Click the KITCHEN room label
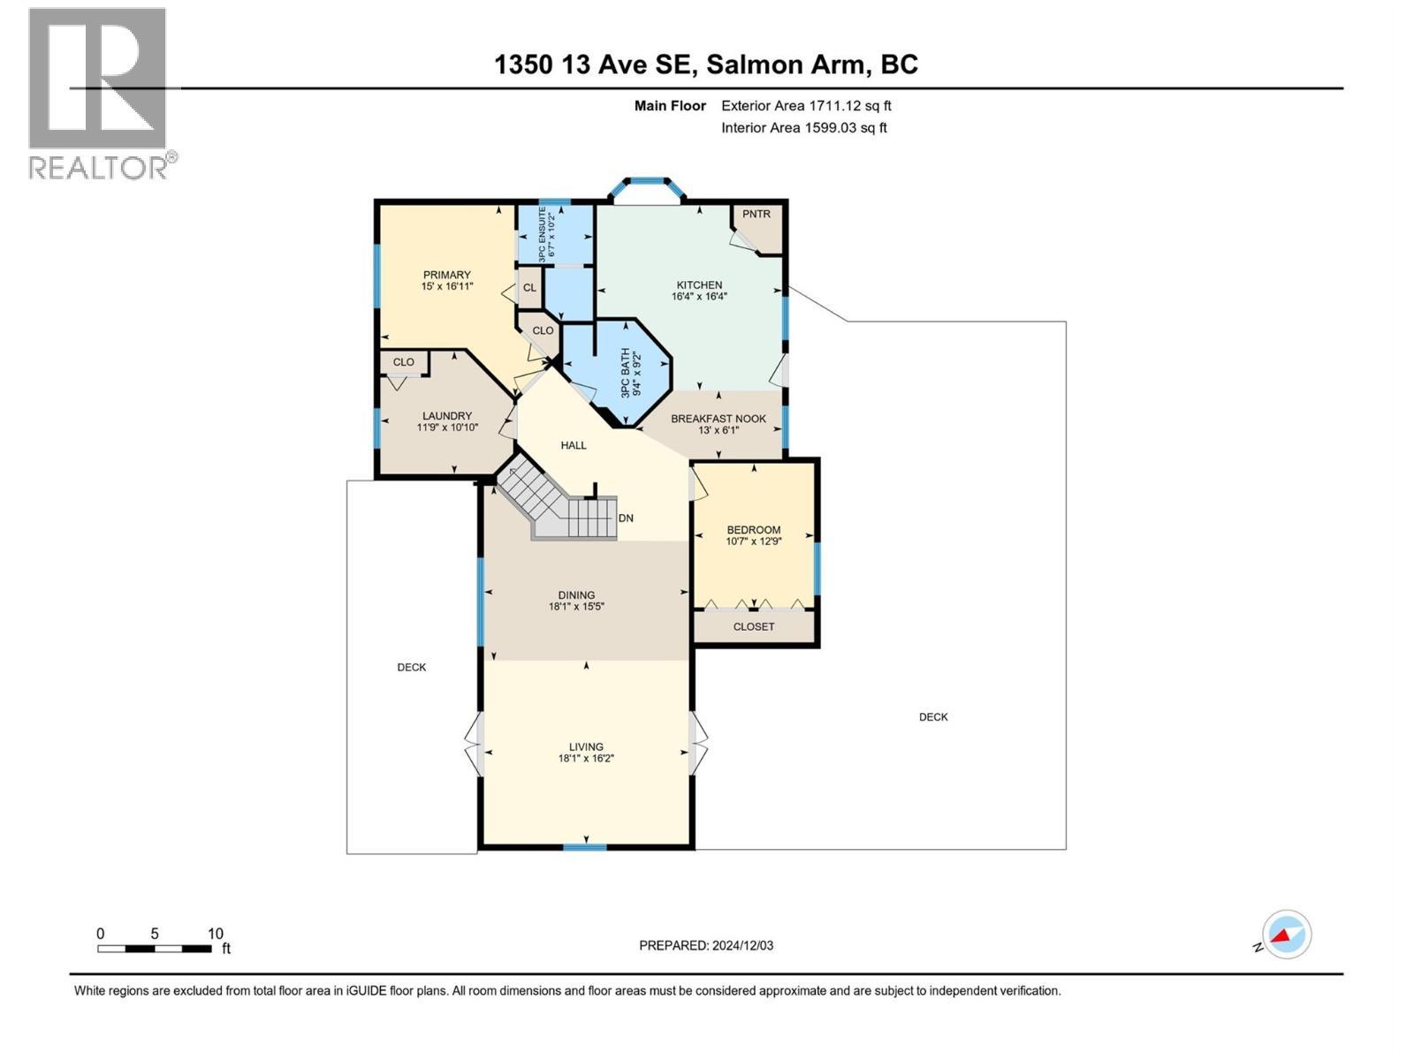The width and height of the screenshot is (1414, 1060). pyautogui.click(x=699, y=285)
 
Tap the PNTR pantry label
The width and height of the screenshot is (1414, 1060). pyautogui.click(x=756, y=214)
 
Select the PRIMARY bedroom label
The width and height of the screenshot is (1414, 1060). pyautogui.click(x=446, y=275)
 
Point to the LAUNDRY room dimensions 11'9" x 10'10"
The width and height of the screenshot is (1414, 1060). pyautogui.click(x=447, y=428)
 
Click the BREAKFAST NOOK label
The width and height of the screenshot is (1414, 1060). pyautogui.click(x=718, y=419)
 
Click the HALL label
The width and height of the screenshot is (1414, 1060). pyautogui.click(x=574, y=445)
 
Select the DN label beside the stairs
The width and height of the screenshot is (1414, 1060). pyautogui.click(x=626, y=519)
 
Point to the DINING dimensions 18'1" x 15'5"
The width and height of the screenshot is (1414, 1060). pyautogui.click(x=576, y=607)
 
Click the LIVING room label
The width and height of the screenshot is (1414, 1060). pyautogui.click(x=586, y=746)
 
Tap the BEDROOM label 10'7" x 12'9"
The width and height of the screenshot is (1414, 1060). pyautogui.click(x=754, y=530)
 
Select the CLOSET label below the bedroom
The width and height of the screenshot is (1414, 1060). pyautogui.click(x=754, y=626)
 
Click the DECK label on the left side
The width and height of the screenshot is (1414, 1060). pyautogui.click(x=412, y=667)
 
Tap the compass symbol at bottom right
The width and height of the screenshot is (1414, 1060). pyautogui.click(x=1286, y=935)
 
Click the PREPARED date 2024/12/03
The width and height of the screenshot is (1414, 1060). pyautogui.click(x=706, y=945)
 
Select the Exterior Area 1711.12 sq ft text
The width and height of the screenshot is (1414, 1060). pyautogui.click(x=806, y=106)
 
